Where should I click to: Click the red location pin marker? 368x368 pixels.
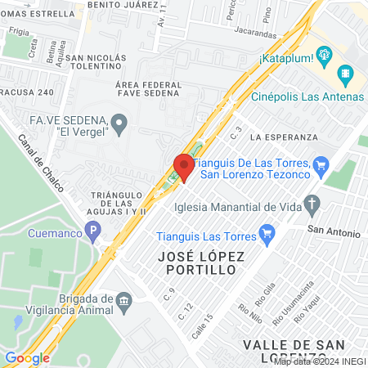coord(183,167)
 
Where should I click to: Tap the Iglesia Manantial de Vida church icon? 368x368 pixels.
coord(312,202)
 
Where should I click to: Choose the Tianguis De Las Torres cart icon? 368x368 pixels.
coord(321,167)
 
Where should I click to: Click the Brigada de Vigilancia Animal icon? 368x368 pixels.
coord(124,300)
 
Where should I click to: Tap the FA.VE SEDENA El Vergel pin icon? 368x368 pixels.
coord(120,125)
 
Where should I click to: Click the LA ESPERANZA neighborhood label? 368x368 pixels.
coord(284,136)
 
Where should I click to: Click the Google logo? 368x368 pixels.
coord(27,357)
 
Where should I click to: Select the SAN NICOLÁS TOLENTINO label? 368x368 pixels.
coord(96,62)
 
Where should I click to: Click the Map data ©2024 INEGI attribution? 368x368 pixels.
coord(319,361)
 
